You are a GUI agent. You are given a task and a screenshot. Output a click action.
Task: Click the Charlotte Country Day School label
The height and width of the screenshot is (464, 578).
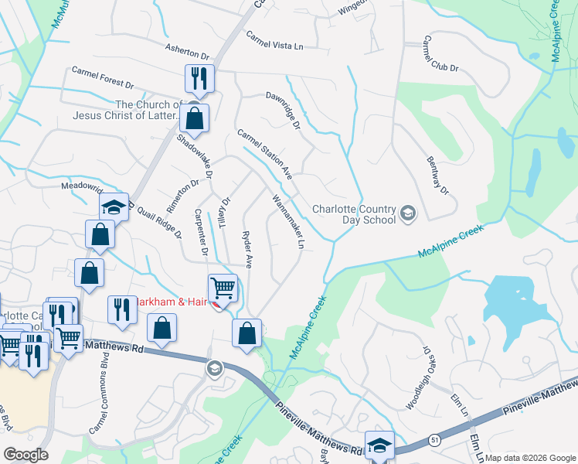click(354, 214)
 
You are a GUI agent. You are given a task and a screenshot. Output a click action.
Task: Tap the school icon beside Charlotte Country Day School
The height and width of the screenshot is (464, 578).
click(408, 212)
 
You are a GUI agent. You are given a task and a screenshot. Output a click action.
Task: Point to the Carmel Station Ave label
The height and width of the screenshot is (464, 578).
click(264, 153)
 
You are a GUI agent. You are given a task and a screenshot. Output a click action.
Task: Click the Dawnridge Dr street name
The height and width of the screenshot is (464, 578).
click(282, 111)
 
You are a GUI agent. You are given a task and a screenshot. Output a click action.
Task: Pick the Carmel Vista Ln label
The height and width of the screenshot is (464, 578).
click(274, 41)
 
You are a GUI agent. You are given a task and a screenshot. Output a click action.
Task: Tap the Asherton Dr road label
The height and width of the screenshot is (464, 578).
click(187, 52)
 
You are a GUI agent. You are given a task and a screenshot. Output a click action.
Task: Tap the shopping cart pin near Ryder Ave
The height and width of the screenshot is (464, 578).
click(223, 288)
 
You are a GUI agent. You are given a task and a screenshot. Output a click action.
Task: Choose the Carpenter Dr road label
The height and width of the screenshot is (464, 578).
click(201, 232)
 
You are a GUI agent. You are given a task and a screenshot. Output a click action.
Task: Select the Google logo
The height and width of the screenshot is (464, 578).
click(25, 455)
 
